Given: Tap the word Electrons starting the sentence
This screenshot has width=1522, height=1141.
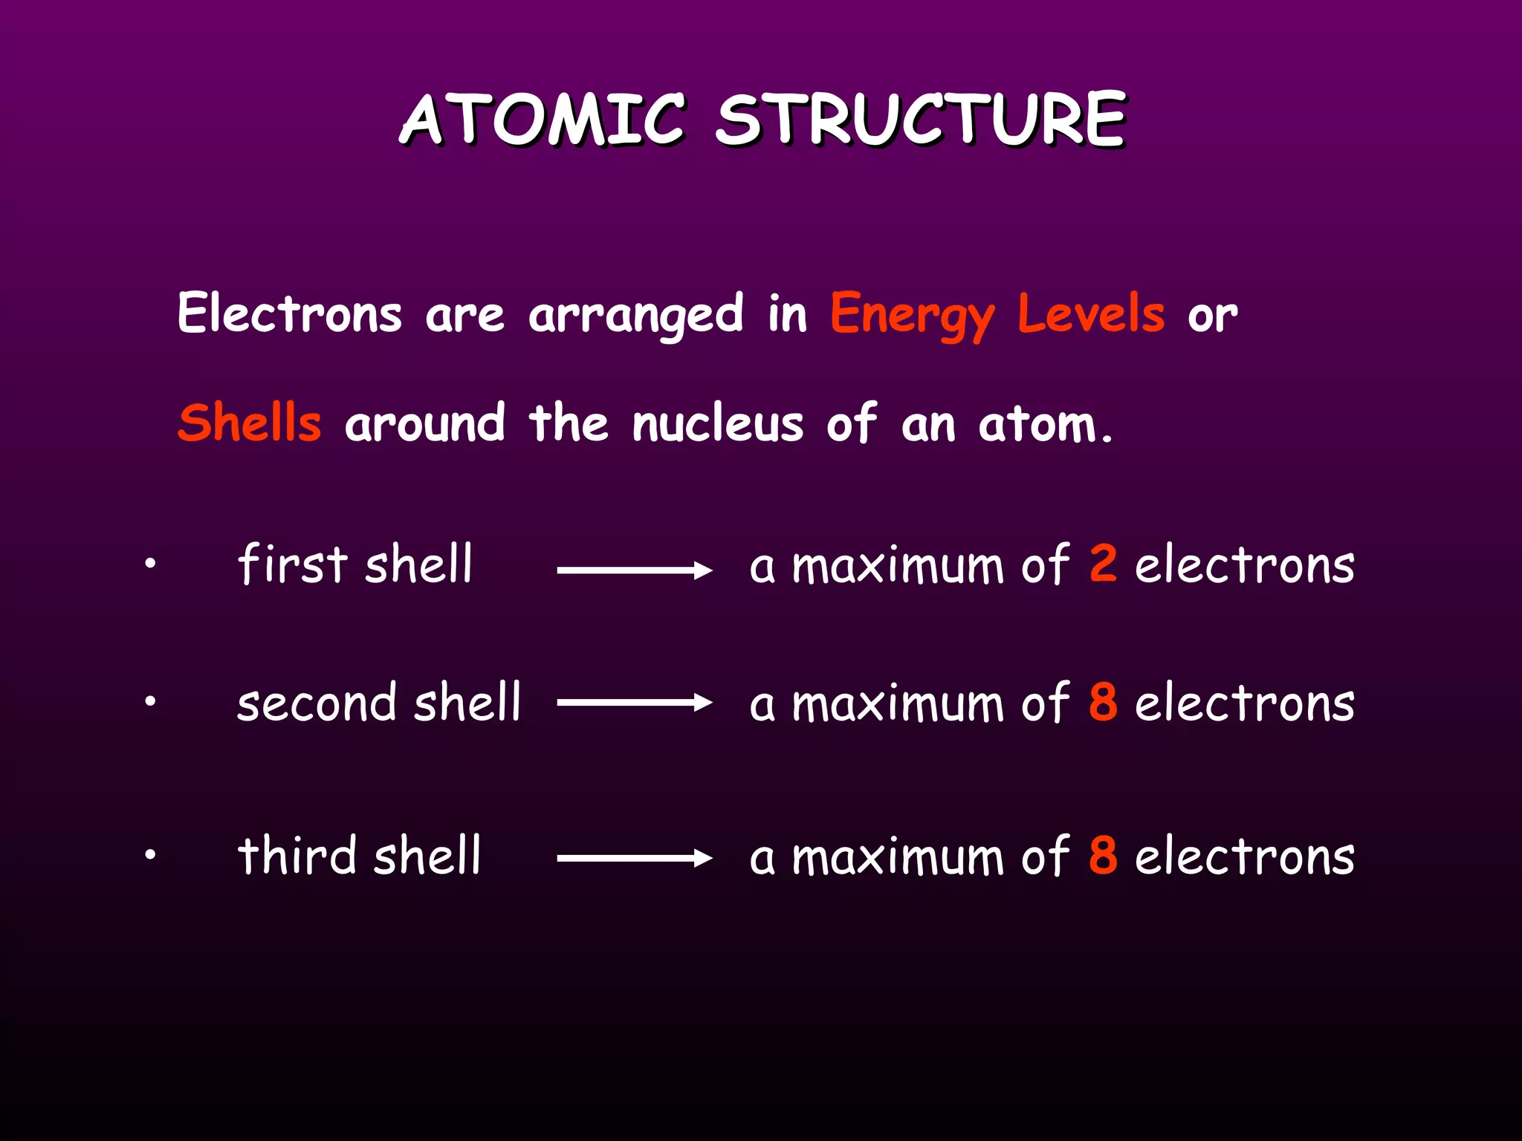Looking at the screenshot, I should pos(289,313).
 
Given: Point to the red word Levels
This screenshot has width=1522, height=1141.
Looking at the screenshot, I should pos(1090,313).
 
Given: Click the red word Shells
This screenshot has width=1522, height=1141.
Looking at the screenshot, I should pos(250,423).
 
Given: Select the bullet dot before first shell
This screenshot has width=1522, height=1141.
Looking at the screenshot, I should pos(150,564).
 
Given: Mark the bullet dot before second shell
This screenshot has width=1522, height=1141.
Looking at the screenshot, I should pos(150,700).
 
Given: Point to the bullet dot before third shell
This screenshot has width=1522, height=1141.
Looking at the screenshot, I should pos(150,855).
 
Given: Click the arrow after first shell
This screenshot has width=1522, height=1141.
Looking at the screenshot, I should pos(635,570).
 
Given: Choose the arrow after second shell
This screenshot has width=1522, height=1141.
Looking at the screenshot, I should pos(635,703).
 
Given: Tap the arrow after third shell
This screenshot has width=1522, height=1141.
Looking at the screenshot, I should pos(635,858).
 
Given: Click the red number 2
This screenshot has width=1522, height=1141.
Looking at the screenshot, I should pos(1103,563).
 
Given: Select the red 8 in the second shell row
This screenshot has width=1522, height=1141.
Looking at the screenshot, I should pos(1103,701).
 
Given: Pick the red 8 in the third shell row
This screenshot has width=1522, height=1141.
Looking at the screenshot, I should pos(1103,855).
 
